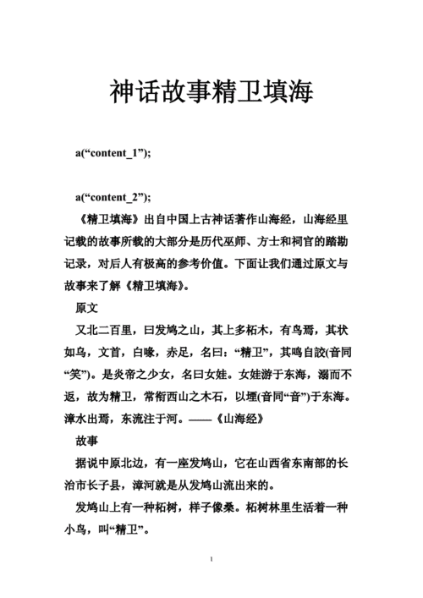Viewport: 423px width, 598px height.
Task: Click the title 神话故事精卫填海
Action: tap(211, 92)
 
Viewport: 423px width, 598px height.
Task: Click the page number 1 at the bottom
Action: tap(211, 560)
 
